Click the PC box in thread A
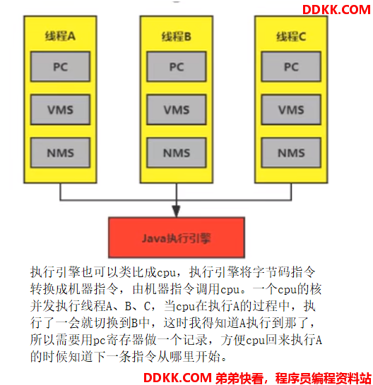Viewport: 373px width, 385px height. pyautogui.click(x=60, y=66)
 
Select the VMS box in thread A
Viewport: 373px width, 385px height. pyautogui.click(x=60, y=109)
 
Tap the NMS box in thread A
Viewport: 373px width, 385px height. pyautogui.click(x=60, y=152)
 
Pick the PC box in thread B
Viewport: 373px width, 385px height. pyautogui.click(x=177, y=66)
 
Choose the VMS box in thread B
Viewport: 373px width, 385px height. pyautogui.click(x=177, y=109)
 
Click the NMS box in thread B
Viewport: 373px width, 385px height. pyautogui.click(x=177, y=152)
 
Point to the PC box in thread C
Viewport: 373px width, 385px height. pyautogui.click(x=291, y=66)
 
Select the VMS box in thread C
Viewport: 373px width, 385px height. pyautogui.click(x=291, y=109)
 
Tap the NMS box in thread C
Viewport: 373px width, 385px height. pyautogui.click(x=291, y=152)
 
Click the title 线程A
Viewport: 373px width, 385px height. pyautogui.click(x=60, y=36)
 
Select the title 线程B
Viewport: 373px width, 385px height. pyautogui.click(x=176, y=37)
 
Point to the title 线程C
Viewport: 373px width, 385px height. pyautogui.click(x=291, y=37)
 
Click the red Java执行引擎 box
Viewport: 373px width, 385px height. pyautogui.click(x=177, y=238)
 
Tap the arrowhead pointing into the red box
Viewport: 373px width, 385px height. pyautogui.click(x=177, y=212)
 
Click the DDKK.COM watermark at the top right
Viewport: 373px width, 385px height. pyautogui.click(x=336, y=10)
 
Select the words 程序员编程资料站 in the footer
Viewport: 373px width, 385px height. pyautogui.click(x=323, y=378)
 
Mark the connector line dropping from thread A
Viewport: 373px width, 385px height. pyautogui.click(x=60, y=192)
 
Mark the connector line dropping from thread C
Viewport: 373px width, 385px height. pyautogui.click(x=291, y=192)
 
